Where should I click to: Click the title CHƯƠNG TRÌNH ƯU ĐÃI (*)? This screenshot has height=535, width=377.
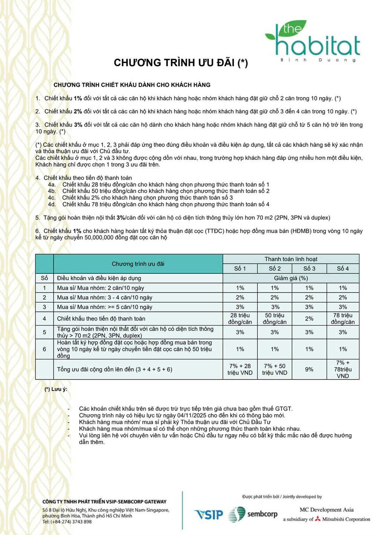click(x=181, y=62)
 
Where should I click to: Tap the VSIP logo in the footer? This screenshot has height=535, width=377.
click(x=208, y=514)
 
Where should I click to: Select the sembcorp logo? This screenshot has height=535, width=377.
click(x=253, y=514)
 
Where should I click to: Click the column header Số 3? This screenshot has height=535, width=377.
click(x=309, y=268)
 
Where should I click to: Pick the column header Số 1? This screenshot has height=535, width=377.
click(x=240, y=268)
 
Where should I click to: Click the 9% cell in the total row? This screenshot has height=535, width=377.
click(x=309, y=369)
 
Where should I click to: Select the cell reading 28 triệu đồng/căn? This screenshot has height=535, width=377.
click(x=240, y=319)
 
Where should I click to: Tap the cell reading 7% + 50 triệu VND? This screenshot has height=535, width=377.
click(x=274, y=369)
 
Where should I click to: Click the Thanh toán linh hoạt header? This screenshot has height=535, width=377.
click(x=291, y=259)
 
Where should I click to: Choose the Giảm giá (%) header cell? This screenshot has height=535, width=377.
click(x=291, y=278)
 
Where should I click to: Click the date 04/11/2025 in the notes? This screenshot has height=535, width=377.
click(x=192, y=415)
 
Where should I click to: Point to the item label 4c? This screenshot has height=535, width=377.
click(x=52, y=198)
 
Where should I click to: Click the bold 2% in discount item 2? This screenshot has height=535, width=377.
click(x=78, y=111)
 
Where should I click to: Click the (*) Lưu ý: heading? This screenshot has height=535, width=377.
click(x=56, y=389)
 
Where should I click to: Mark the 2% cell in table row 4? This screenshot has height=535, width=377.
click(x=309, y=319)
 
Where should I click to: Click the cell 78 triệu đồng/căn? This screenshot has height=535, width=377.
click(x=342, y=319)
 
